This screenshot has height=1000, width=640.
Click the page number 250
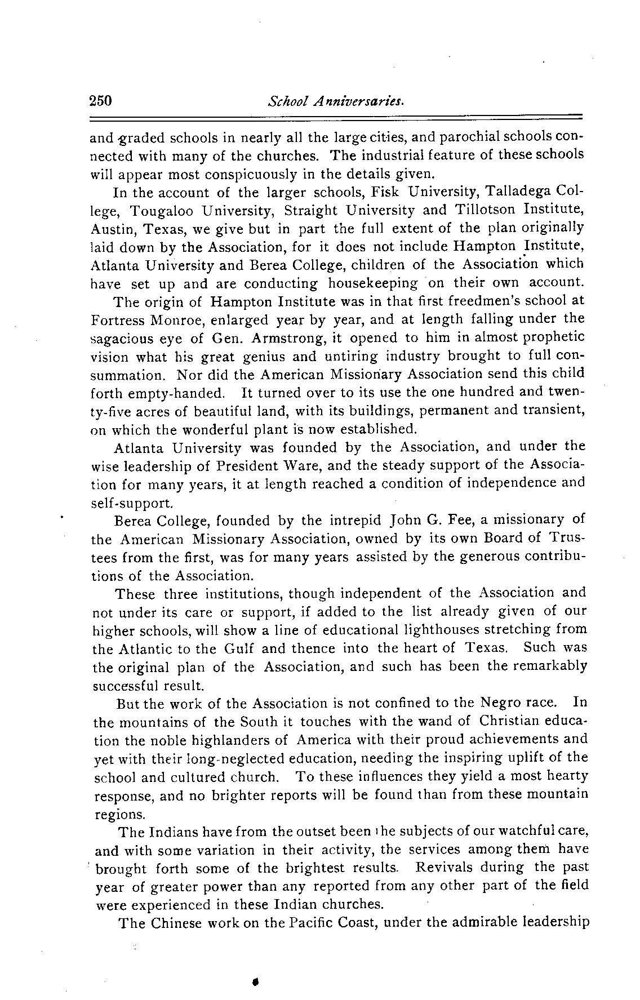click(x=102, y=101)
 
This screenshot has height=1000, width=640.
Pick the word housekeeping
click(x=374, y=283)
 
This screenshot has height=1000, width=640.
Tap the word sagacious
click(x=122, y=339)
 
